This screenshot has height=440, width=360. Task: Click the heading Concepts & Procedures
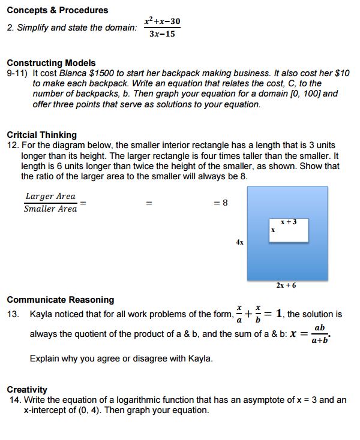pyautogui.click(x=58, y=10)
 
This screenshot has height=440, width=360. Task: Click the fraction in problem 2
pyautogui.click(x=162, y=28)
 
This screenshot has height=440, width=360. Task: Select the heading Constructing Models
pyautogui.click(x=51, y=62)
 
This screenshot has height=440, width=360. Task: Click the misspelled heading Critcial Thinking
pyautogui.click(x=42, y=134)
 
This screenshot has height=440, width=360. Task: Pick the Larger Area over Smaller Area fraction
pyautogui.click(x=50, y=203)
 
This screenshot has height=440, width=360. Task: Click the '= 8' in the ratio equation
pyautogui.click(x=221, y=203)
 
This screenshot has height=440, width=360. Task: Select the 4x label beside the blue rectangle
pyautogui.click(x=240, y=243)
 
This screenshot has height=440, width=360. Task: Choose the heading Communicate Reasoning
pyautogui.click(x=60, y=299)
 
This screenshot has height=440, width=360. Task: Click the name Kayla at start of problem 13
pyautogui.click(x=41, y=314)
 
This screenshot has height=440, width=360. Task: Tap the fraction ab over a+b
pyautogui.click(x=320, y=334)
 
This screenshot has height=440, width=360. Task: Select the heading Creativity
pyautogui.click(x=27, y=390)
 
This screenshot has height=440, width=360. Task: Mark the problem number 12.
pyautogui.click(x=13, y=145)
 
